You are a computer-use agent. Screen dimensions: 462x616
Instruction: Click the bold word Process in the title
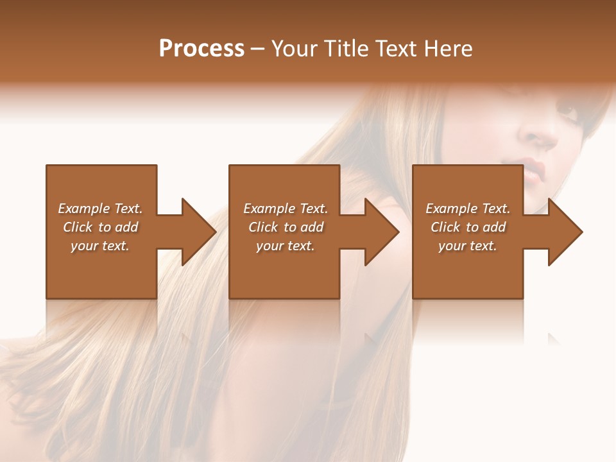(x=201, y=49)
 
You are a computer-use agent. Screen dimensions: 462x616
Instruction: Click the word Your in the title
(x=295, y=49)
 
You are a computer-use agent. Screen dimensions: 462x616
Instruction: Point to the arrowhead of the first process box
(x=198, y=232)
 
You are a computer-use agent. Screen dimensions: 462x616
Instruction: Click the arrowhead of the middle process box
(x=382, y=232)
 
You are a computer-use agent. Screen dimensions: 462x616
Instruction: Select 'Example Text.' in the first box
(x=100, y=209)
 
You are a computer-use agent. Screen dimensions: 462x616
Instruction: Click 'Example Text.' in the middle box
(x=286, y=209)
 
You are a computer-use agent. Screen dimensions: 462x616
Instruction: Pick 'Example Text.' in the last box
(x=468, y=209)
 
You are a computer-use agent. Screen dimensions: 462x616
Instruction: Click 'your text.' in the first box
(x=100, y=246)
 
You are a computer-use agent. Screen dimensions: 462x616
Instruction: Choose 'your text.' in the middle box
(x=286, y=246)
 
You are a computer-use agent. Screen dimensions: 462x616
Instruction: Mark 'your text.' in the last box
(x=468, y=246)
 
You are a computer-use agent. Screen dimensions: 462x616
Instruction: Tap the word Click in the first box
(x=78, y=227)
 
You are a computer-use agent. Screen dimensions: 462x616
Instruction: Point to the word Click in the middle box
(x=264, y=227)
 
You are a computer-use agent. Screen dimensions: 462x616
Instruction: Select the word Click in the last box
(x=446, y=227)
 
